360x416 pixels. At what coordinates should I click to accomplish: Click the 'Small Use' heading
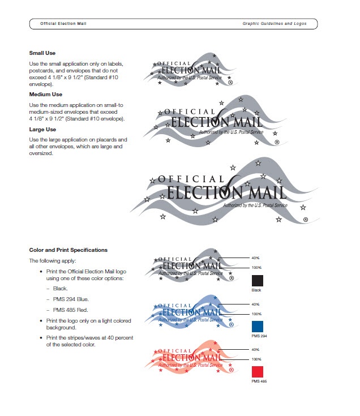pyautogui.click(x=42, y=53)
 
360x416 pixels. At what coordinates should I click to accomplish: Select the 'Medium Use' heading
pyautogui.click(x=46, y=95)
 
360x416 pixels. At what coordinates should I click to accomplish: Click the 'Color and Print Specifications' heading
pyautogui.click(x=68, y=250)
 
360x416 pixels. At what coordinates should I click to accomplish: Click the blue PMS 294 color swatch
pyautogui.click(x=258, y=327)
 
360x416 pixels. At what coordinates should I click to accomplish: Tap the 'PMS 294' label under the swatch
pyautogui.click(x=258, y=336)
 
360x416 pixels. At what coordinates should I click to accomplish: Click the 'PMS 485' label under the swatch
pyautogui.click(x=258, y=382)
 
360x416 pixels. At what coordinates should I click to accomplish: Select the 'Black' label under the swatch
pyautogui.click(x=257, y=290)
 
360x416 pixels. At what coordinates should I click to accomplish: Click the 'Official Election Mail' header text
pyautogui.click(x=63, y=24)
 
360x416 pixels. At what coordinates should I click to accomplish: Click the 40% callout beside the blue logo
pyautogui.click(x=256, y=304)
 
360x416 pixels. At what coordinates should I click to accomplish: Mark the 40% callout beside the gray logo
pyautogui.click(x=256, y=258)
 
